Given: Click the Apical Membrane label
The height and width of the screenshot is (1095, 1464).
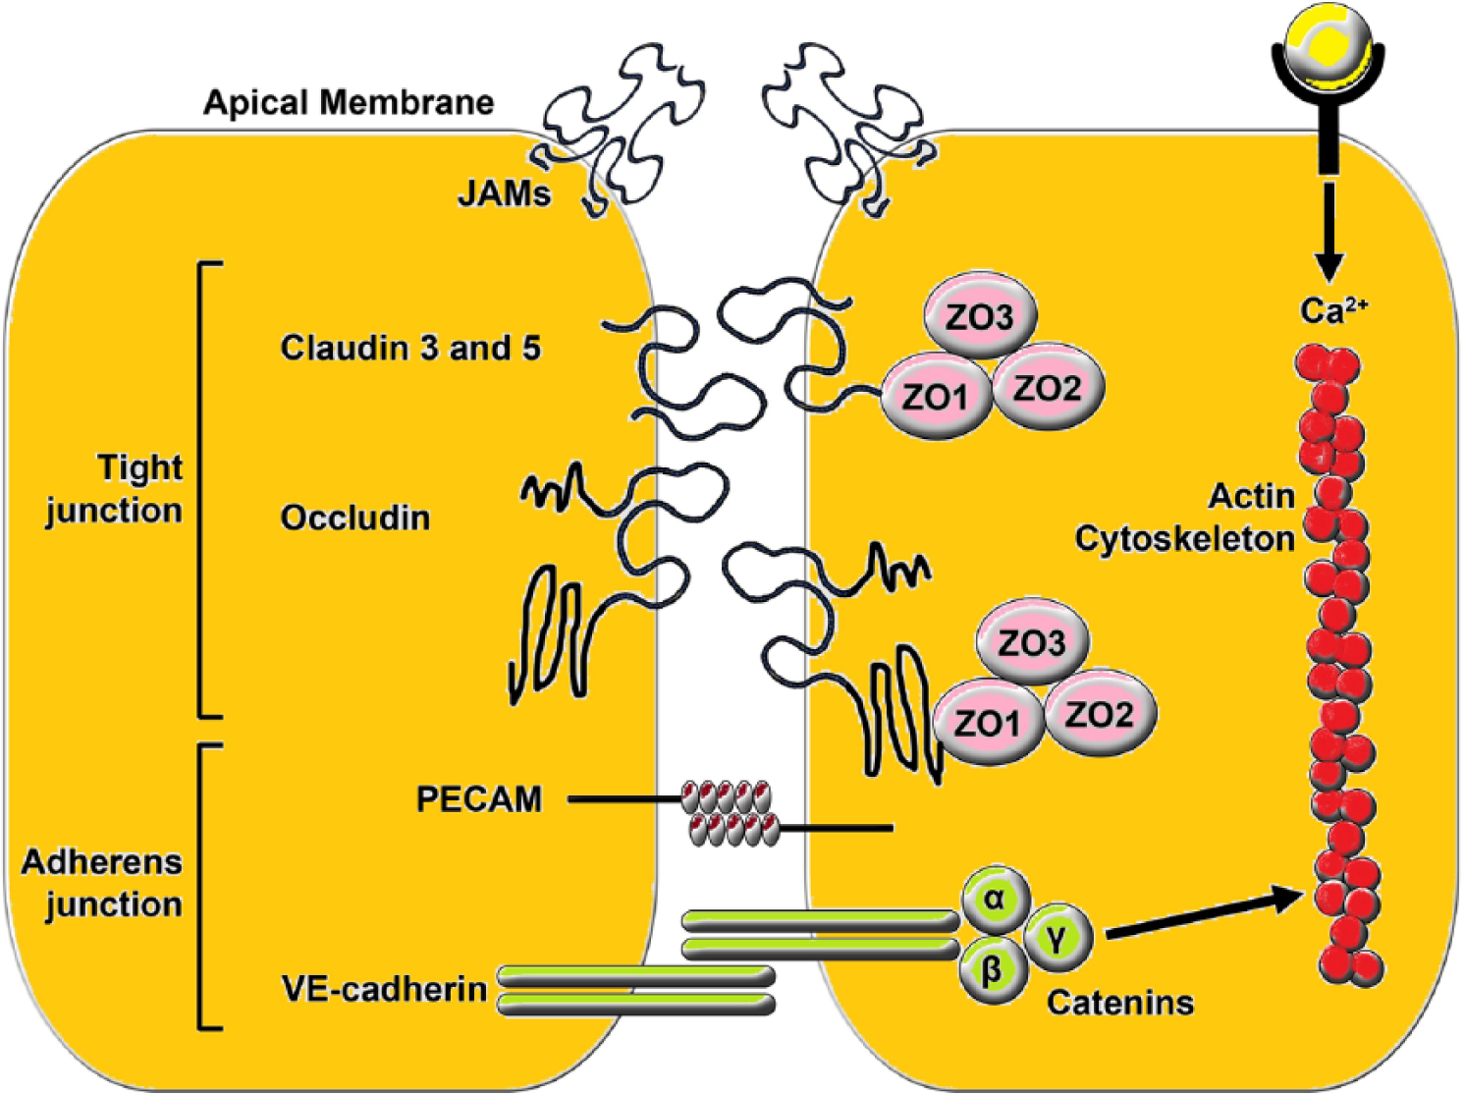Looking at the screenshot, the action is tap(349, 104).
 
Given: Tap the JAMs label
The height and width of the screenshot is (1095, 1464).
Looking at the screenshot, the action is tap(505, 194).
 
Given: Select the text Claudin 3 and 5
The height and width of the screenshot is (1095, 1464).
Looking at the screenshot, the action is tap(410, 348).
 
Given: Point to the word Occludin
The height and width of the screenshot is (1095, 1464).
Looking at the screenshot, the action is tap(355, 519).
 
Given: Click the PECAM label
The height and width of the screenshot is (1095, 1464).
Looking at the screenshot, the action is tap(479, 799).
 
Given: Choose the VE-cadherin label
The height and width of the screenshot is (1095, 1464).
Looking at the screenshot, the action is tap(385, 990).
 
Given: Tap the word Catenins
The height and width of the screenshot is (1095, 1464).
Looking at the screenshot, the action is tap(1120, 1003).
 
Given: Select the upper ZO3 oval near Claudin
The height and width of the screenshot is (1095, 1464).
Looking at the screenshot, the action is tap(981, 317).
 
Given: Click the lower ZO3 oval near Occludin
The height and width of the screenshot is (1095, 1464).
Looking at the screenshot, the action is tap(1033, 643).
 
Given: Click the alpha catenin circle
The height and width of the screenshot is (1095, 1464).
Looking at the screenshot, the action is tap(995, 900).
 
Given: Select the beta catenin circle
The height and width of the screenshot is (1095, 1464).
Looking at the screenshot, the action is tap(992, 970).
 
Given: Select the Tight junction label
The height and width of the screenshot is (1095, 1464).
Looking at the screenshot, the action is tap(115, 489).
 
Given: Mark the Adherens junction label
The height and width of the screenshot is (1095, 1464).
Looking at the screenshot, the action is tap(102, 884).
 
